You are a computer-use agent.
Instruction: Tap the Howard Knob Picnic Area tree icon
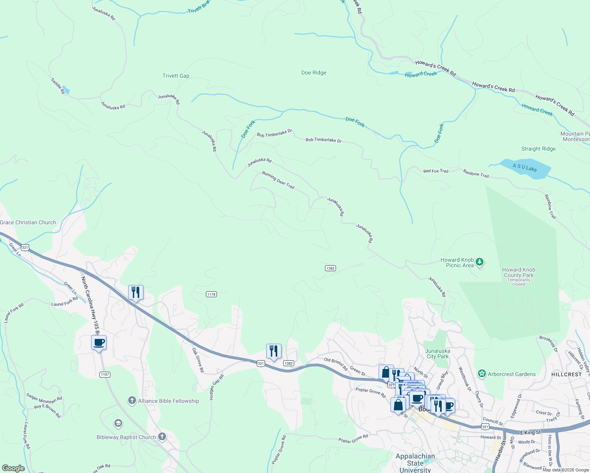tap(480, 262)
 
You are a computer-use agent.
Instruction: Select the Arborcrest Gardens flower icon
tap(481, 374)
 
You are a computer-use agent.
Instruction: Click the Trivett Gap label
tap(176, 76)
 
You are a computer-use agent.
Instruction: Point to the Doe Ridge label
tap(314, 73)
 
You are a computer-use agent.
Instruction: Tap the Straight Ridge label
tap(538, 149)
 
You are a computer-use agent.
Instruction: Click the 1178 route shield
tap(211, 294)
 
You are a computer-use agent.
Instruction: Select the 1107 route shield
tap(105, 374)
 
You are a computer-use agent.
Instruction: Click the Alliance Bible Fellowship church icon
tap(132, 401)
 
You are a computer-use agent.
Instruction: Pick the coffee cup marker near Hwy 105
tap(99, 342)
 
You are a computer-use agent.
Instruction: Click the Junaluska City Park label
tap(437, 354)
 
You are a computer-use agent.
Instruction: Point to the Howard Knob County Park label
tap(519, 272)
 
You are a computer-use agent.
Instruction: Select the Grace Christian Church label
tap(28, 222)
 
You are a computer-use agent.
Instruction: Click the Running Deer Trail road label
tap(278, 180)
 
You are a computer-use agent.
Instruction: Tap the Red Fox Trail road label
tap(435, 171)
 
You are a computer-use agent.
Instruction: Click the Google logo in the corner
tap(13, 468)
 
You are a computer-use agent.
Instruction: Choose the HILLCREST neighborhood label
tap(566, 374)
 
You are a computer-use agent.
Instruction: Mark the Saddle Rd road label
tap(58, 86)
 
